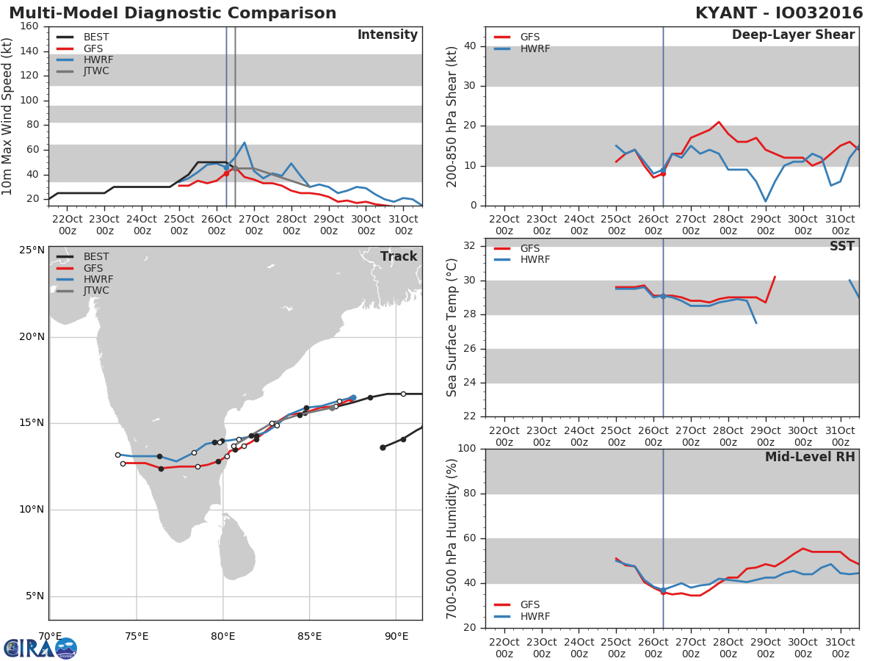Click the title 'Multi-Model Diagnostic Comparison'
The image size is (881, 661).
pos(173,12)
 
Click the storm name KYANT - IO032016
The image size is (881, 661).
pos(779,12)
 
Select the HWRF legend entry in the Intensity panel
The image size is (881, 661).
pos(84,59)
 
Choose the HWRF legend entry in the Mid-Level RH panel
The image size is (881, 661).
pos(521,616)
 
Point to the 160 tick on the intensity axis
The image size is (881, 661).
pos(29,26)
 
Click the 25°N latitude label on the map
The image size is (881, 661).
pos(32,250)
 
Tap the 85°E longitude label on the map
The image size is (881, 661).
pos(310,636)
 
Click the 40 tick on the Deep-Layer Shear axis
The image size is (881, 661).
pos(470,46)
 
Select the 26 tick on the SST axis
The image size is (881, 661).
pos(470,348)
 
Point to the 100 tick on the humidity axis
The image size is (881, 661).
pos(467,448)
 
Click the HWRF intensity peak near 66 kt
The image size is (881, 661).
pos(244,142)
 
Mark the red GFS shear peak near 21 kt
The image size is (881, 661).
pos(719,122)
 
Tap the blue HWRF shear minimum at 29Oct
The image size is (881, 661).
pos(766,201)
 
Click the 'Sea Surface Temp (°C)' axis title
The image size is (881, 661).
pos(452,328)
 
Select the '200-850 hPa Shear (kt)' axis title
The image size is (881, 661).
pos(452,117)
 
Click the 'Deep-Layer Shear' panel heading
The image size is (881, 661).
pos(793,35)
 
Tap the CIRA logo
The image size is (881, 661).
pos(40,648)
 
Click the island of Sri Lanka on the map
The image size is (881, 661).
pos(238,548)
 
